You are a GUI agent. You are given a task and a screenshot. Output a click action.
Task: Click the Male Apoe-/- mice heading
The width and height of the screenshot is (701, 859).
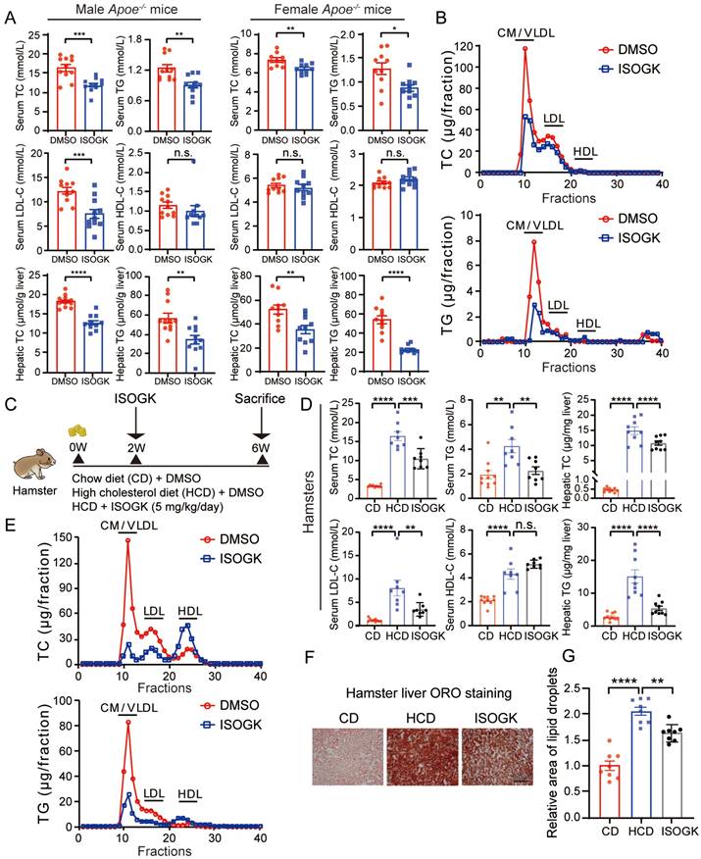click(121, 13)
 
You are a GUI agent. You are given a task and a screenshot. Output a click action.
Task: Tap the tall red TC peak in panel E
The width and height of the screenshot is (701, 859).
click(127, 542)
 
